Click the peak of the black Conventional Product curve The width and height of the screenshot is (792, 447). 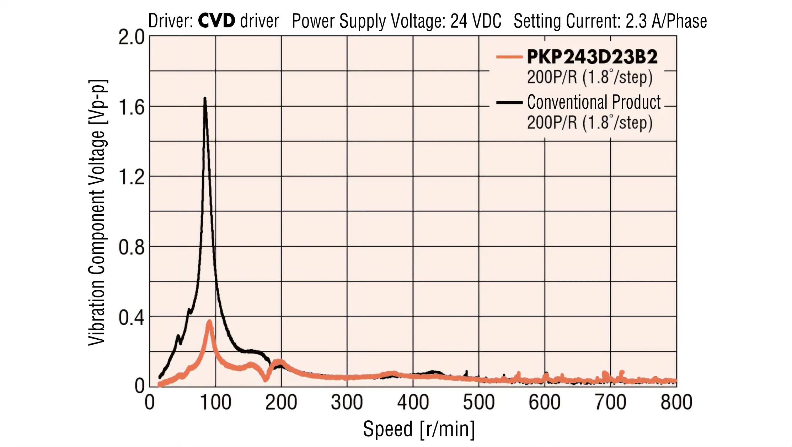(x=205, y=99)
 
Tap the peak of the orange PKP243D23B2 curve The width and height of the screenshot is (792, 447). (x=210, y=322)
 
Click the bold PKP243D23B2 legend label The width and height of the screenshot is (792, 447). (x=592, y=57)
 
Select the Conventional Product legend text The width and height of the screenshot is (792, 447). (x=594, y=102)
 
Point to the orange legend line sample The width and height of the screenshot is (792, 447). (x=509, y=57)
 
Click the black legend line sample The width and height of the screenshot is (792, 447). (x=509, y=103)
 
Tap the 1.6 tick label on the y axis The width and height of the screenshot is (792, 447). (x=132, y=107)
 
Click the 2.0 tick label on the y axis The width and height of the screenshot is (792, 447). (x=132, y=37)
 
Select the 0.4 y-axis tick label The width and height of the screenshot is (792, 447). (x=132, y=318)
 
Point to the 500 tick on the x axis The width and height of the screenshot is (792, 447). (x=478, y=403)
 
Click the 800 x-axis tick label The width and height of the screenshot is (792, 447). (x=676, y=403)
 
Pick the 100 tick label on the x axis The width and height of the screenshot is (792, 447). (x=215, y=403)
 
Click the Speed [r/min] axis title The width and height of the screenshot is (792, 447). (x=419, y=429)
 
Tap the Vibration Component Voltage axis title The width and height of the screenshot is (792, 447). (x=97, y=212)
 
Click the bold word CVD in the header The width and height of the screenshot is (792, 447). (x=216, y=21)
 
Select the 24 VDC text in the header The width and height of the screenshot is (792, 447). (x=476, y=21)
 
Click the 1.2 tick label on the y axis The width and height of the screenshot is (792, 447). (x=132, y=177)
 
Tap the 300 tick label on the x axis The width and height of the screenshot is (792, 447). (x=347, y=403)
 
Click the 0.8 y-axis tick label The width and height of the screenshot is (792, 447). (x=132, y=247)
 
